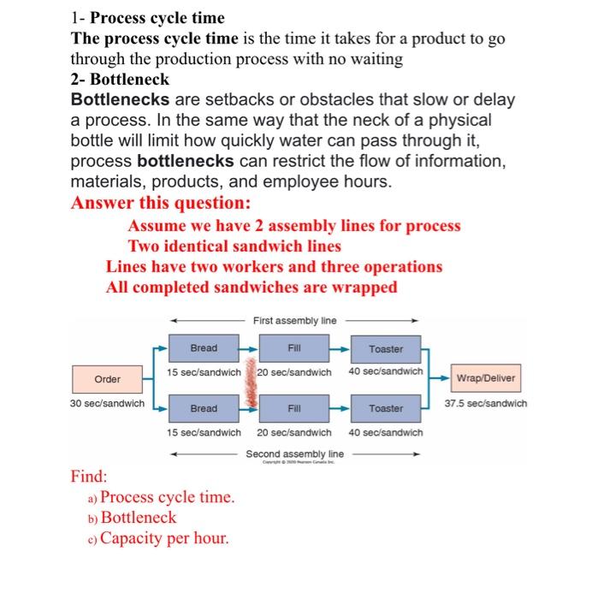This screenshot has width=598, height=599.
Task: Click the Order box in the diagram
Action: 108,379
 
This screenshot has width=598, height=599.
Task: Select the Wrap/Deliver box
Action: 487,377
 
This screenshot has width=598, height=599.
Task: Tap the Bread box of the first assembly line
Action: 204,348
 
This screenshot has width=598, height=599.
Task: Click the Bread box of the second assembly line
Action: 204,409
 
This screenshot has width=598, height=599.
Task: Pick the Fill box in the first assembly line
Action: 294,348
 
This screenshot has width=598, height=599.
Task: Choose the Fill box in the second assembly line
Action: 294,409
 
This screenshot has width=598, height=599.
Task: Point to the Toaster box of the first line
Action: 386,349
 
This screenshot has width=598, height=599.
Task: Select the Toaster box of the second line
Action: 386,409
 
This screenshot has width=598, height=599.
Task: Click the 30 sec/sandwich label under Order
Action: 107,403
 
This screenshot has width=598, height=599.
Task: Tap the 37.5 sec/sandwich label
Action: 487,403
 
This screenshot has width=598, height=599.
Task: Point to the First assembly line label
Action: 295,321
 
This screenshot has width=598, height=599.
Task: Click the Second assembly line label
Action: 295,454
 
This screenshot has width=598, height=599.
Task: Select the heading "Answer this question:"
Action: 162,203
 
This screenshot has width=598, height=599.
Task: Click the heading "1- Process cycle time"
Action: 147,18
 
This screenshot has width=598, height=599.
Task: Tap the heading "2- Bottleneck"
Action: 120,80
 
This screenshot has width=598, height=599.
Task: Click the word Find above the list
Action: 89,476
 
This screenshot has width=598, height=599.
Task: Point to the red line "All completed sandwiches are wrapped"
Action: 252,288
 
